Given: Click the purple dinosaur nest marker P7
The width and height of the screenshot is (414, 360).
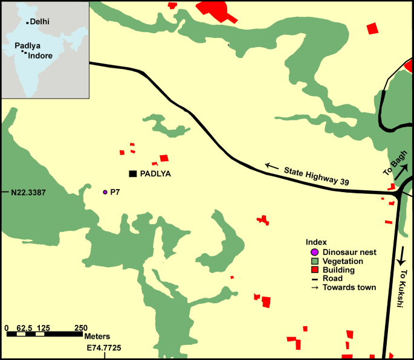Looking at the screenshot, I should pyautogui.click(x=105, y=191).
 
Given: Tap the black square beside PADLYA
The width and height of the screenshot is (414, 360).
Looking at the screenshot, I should pyautogui.click(x=132, y=174).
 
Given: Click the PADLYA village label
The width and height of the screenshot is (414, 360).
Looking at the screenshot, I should pyautogui.click(x=156, y=174).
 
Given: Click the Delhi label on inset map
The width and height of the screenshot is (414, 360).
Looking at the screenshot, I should pyautogui.click(x=40, y=22).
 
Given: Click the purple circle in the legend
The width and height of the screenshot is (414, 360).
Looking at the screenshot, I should pyautogui.click(x=314, y=252).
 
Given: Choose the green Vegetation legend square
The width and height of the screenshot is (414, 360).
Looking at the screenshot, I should pyautogui.click(x=314, y=261).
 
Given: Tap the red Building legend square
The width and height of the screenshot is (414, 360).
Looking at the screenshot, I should pyautogui.click(x=314, y=270).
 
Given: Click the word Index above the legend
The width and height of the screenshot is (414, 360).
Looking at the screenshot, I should pyautogui.click(x=316, y=242).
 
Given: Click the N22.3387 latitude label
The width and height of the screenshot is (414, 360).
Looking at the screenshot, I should pyautogui.click(x=28, y=193).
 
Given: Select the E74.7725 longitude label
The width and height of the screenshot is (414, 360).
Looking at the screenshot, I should pyautogui.click(x=104, y=349).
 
